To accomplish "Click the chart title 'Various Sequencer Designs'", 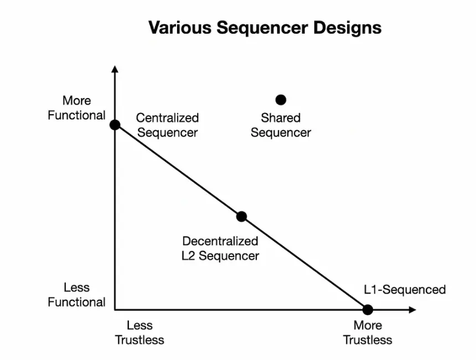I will click(x=265, y=28).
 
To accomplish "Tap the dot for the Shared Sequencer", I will click(x=281, y=100).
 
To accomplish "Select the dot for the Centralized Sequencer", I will click(x=115, y=125).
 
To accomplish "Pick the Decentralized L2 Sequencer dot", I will click(x=241, y=217).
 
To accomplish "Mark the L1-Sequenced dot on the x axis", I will click(x=368, y=310).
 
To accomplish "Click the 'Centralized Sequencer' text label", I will click(x=167, y=125).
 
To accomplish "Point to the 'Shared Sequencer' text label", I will click(x=281, y=125).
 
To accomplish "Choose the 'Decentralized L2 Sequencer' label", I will click(x=220, y=249).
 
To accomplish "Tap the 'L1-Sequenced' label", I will click(x=405, y=290).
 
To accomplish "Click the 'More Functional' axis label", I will click(x=77, y=108).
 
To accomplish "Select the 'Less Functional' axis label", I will click(x=77, y=295).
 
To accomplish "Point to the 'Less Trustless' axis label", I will click(x=139, y=332).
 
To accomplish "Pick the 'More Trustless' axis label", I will click(x=368, y=332).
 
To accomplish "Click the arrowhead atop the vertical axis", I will click(x=115, y=69).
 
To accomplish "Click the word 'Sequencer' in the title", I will click(x=262, y=28).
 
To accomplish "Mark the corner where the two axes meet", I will click(x=115, y=310).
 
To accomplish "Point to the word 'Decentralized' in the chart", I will click(x=220, y=241).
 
